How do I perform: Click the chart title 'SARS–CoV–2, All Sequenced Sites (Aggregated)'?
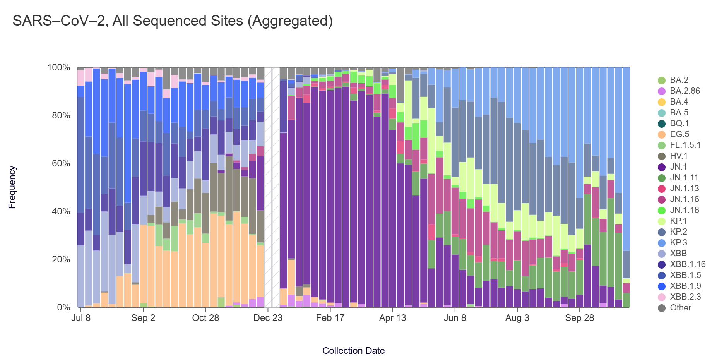(173, 21)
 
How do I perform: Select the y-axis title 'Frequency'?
(12, 187)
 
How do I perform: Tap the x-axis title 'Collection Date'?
(353, 351)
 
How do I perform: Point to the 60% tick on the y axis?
(61, 163)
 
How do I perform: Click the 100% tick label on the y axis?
(59, 68)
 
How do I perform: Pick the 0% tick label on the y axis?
(63, 308)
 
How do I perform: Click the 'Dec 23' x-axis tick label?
(268, 318)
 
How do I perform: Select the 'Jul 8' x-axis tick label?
(81, 318)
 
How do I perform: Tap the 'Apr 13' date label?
(392, 318)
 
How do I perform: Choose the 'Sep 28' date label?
(579, 318)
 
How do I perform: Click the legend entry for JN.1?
(678, 167)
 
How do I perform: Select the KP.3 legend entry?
(678, 243)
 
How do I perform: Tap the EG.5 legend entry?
(679, 134)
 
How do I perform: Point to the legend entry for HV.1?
(678, 156)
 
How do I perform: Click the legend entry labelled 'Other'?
(680, 308)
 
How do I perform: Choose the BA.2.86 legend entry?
(685, 91)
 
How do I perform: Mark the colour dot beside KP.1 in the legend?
(662, 221)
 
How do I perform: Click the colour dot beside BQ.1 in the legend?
(662, 124)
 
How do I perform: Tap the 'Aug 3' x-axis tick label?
(517, 318)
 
